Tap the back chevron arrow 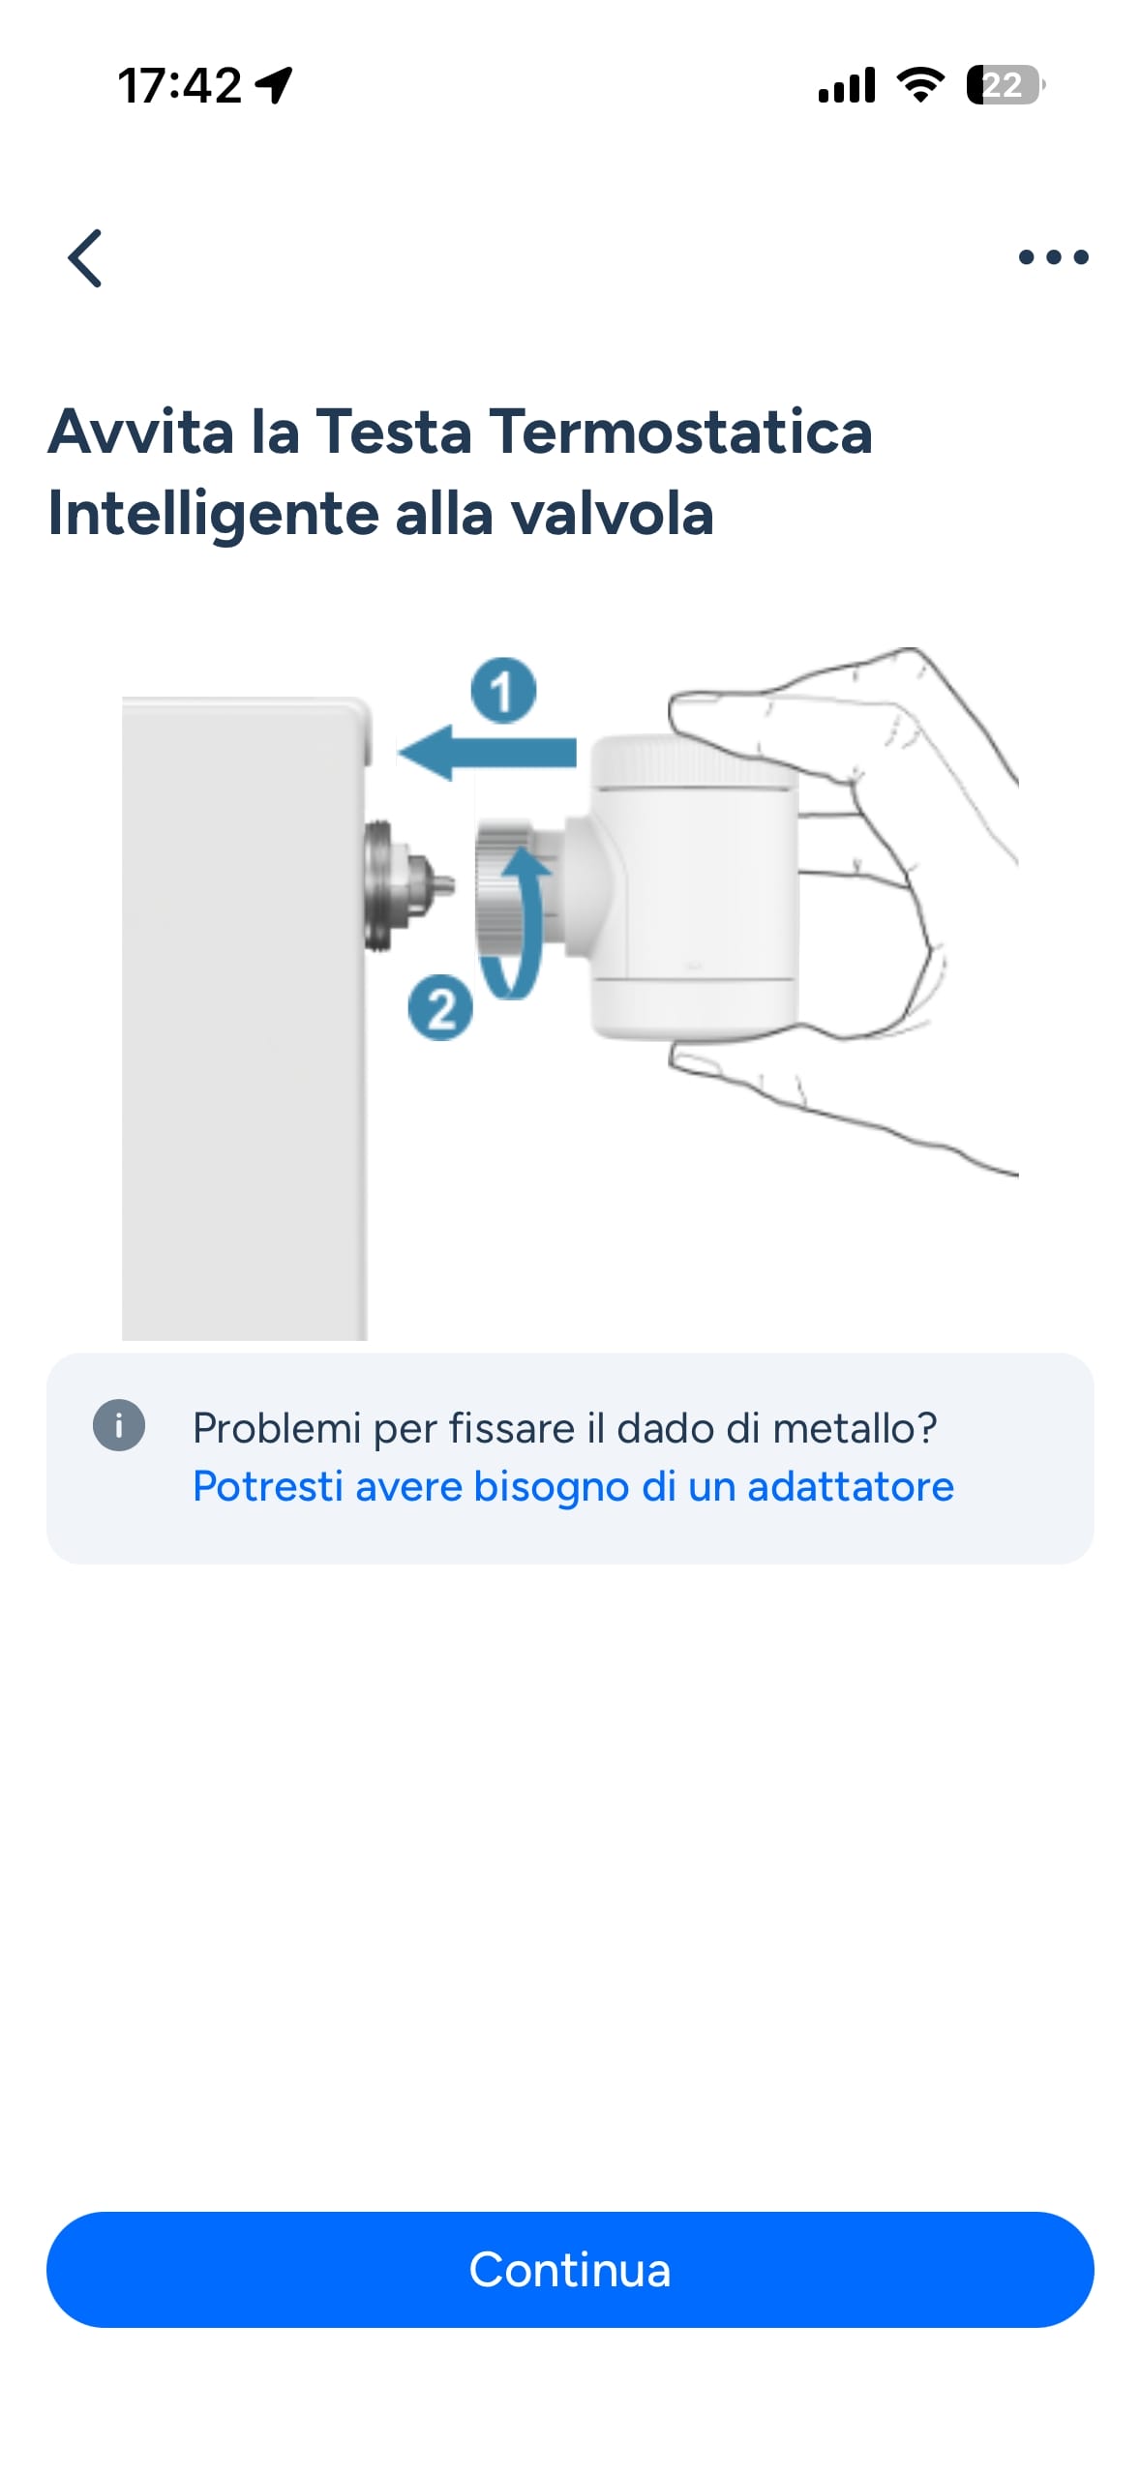(x=85, y=257)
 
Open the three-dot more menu (x=1053, y=257)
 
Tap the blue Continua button (x=570, y=2269)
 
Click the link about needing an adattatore (x=573, y=1486)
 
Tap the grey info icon (x=118, y=1426)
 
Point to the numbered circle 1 (x=503, y=690)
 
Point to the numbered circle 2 (x=440, y=1008)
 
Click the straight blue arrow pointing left (x=487, y=752)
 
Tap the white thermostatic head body (x=693, y=886)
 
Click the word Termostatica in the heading (x=680, y=432)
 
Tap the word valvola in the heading (x=613, y=513)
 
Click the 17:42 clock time (x=179, y=85)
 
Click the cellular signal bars (x=847, y=85)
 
